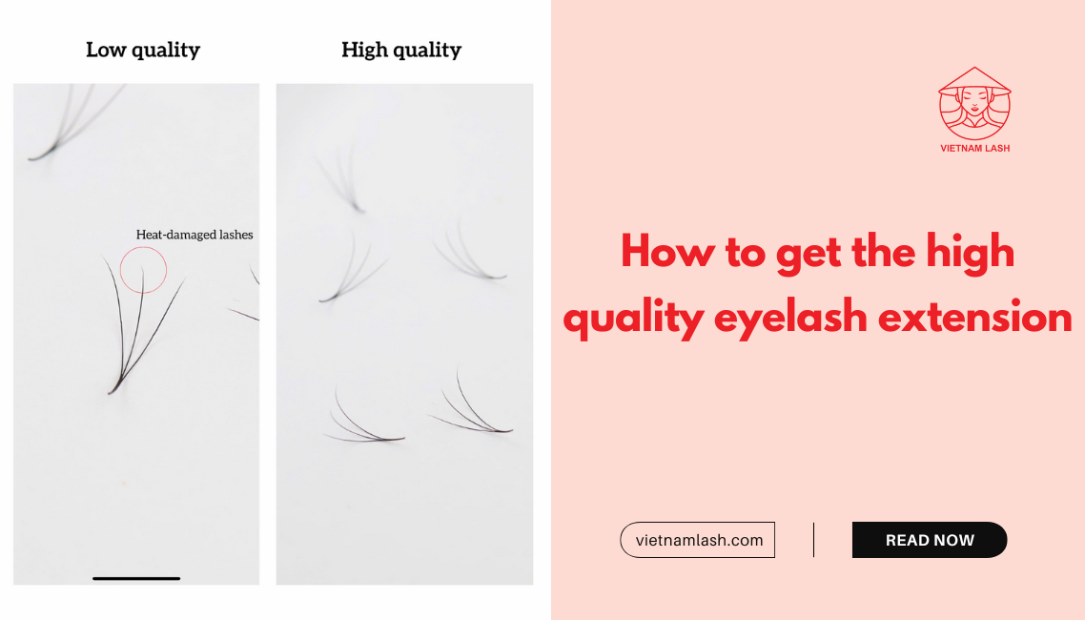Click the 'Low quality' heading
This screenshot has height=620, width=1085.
pos(143,50)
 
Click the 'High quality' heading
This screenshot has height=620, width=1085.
pos(401,50)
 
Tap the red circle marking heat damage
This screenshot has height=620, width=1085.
pos(144,269)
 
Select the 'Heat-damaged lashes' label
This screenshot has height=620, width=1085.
pos(194,235)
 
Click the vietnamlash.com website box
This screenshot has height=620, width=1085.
pos(697,540)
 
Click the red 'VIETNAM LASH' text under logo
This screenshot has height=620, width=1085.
pos(974,149)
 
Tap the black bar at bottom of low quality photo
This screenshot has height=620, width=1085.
pos(136,578)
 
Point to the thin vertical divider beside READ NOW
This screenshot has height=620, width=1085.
pos(813,540)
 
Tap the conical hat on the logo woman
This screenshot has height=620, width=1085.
pos(974,80)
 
